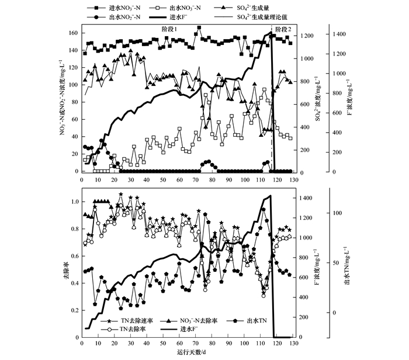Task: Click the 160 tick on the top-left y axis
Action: pos(72,33)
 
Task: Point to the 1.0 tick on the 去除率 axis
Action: pos(74,202)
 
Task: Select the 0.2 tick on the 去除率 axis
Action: pos(74,310)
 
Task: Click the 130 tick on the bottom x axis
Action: pos(292,344)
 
